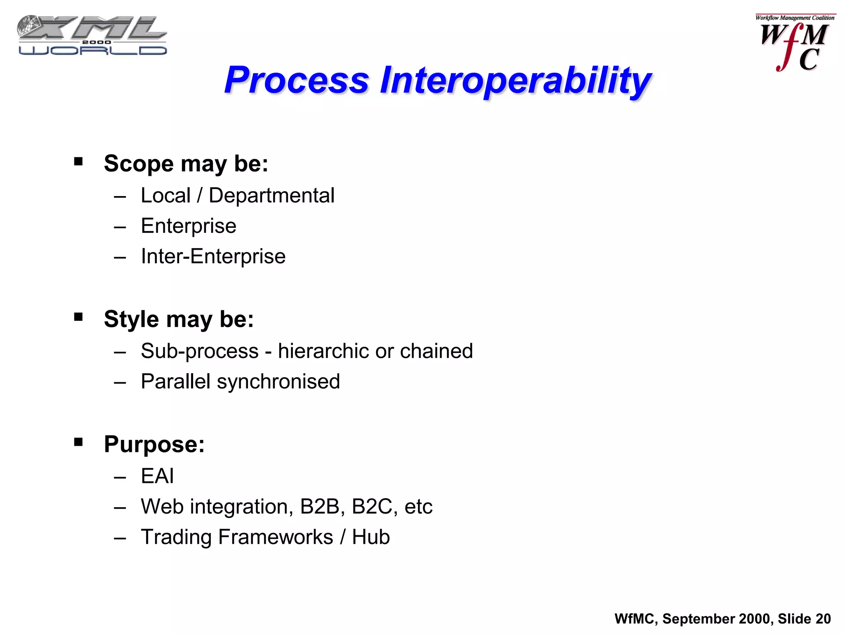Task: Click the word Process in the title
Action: (x=296, y=80)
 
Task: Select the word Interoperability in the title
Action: (x=515, y=81)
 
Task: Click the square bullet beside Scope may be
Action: (x=78, y=161)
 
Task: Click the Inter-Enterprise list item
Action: (x=213, y=256)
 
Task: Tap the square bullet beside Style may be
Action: (x=78, y=317)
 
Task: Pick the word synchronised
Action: (x=279, y=382)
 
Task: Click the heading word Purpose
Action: (x=154, y=445)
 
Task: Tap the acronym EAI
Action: (x=157, y=476)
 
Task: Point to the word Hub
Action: (x=371, y=537)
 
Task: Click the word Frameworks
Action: (x=275, y=537)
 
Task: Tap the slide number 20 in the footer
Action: (x=823, y=619)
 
